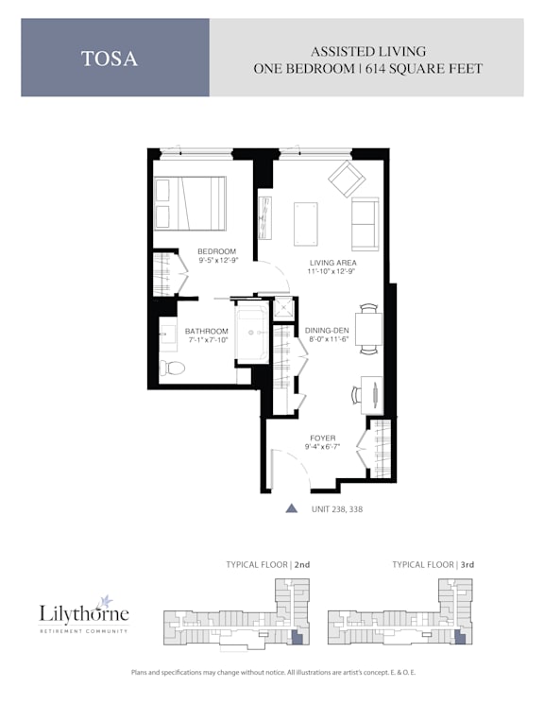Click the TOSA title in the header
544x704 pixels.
pyautogui.click(x=109, y=59)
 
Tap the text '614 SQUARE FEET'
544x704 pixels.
pyautogui.click(x=424, y=69)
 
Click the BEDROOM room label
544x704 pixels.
pyautogui.click(x=217, y=251)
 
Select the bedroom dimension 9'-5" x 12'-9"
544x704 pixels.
pyautogui.click(x=218, y=261)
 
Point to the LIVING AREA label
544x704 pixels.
pyautogui.click(x=333, y=263)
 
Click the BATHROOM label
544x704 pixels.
pyautogui.click(x=207, y=332)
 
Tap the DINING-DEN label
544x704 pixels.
pyautogui.click(x=327, y=331)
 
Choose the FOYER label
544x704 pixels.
pyautogui.click(x=323, y=438)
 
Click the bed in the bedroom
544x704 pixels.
pyautogui.click(x=190, y=203)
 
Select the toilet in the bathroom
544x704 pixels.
pyautogui.click(x=172, y=369)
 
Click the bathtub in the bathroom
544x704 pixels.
pyautogui.click(x=252, y=333)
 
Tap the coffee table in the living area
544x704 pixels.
pyautogui.click(x=306, y=224)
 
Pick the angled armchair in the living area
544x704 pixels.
pyautogui.click(x=347, y=180)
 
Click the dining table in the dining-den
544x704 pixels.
pyautogui.click(x=368, y=329)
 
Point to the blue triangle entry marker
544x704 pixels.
pyautogui.click(x=292, y=507)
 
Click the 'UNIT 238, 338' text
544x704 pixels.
pyautogui.click(x=337, y=509)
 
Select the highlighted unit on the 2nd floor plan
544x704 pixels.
pyautogui.click(x=297, y=638)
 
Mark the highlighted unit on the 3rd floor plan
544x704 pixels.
pyautogui.click(x=460, y=638)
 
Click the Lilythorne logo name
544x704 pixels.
pyautogui.click(x=84, y=613)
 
